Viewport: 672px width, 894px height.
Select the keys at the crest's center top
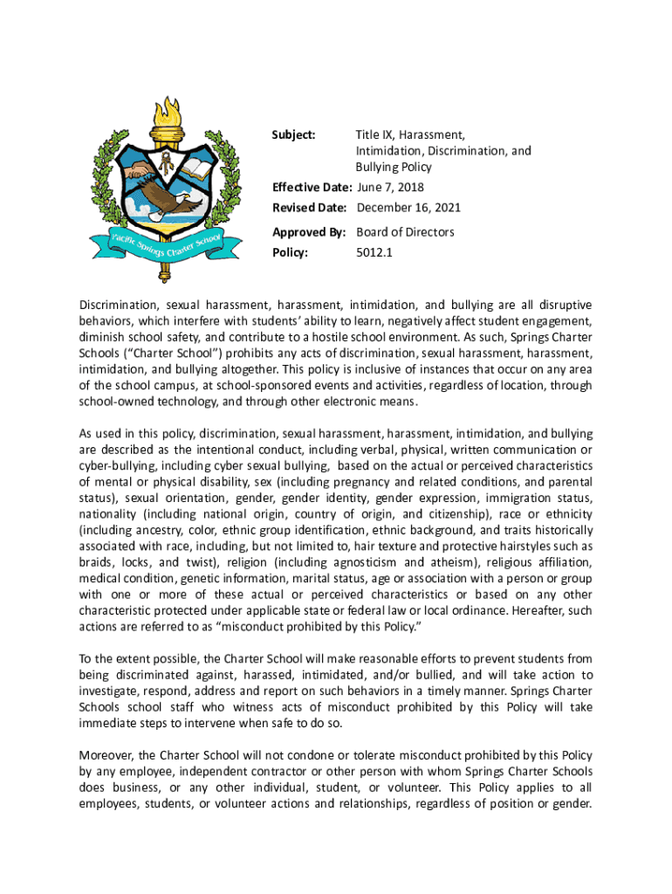pos(164,160)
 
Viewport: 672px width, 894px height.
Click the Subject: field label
pos(293,135)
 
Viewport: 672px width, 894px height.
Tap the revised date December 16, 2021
pos(408,208)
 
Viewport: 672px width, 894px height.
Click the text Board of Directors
pos(405,232)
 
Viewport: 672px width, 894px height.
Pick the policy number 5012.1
pos(372,253)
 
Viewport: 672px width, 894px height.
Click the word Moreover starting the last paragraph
pos(106,754)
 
